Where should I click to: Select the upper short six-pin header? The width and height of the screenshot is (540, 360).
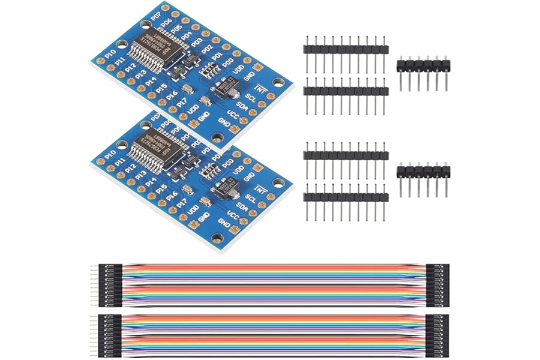point(424,64)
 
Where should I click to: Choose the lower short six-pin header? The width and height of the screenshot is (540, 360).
point(424,172)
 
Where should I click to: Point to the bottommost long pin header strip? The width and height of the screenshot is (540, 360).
point(346,197)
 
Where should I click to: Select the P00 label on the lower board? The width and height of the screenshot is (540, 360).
point(228,163)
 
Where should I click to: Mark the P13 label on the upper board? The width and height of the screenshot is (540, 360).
point(141,74)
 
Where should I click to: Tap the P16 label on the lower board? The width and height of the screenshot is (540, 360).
point(172,196)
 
